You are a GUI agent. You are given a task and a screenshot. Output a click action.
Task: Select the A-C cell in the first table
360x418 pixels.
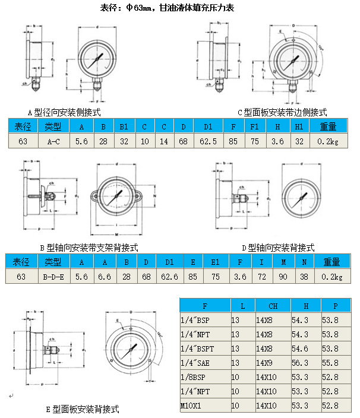[x=53, y=141]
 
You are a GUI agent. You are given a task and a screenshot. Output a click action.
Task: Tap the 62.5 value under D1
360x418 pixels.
[x=209, y=141]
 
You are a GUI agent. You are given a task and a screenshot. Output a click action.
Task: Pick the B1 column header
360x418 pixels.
[x=124, y=126]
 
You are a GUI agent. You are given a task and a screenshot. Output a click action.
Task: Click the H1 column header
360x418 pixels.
[x=299, y=126]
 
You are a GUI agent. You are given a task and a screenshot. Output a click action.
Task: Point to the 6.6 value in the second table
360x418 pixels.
[x=104, y=277]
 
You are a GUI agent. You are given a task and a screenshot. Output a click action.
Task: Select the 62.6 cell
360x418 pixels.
[x=169, y=277]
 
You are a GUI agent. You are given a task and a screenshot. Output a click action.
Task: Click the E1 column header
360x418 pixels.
[x=212, y=262]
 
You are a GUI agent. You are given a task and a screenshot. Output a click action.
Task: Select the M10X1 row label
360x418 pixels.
[x=191, y=406]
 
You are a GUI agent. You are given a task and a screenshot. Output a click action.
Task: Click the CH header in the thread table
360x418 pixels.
[x=273, y=306]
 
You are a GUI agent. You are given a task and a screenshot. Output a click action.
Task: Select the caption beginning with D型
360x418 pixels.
[x=278, y=248]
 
